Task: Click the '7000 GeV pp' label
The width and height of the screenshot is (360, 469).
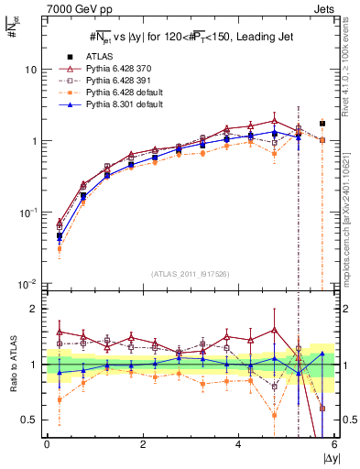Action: point(73,8)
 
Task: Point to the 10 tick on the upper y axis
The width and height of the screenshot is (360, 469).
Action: point(31,71)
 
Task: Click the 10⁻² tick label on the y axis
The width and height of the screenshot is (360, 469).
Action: point(28,284)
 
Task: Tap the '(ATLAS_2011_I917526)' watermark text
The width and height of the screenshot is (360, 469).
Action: point(191,274)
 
